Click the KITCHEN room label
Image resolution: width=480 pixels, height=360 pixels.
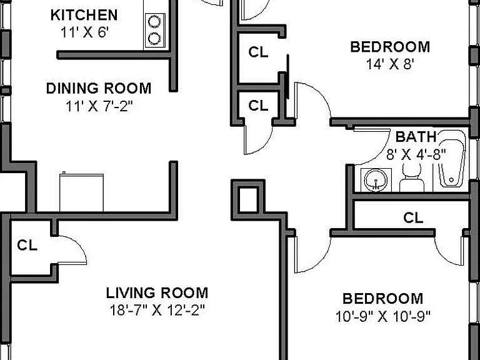tap(84, 15)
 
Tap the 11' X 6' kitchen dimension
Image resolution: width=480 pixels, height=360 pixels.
tap(84, 32)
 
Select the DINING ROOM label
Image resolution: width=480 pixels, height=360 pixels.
tap(99, 89)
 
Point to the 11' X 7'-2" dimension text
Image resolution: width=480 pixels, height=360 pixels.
tap(99, 106)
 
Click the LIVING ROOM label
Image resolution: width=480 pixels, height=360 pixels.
tap(157, 293)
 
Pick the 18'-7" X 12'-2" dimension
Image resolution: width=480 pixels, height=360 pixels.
tap(157, 311)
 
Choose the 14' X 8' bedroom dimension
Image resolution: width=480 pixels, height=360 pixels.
tap(390, 64)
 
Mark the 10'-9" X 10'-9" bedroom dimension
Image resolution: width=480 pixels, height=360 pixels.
tap(383, 316)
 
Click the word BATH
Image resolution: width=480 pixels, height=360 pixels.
tap(416, 137)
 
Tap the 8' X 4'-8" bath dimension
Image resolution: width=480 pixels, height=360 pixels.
tap(416, 154)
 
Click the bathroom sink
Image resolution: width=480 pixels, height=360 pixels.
tap(376, 180)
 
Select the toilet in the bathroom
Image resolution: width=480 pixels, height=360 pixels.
tap(412, 177)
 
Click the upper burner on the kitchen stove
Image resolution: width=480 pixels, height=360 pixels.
tap(154, 22)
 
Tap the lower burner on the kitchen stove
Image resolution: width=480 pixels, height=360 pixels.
tap(154, 39)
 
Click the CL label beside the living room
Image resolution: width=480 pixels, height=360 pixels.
tap(27, 246)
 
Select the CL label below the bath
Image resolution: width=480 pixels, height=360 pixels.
tap(413, 218)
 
